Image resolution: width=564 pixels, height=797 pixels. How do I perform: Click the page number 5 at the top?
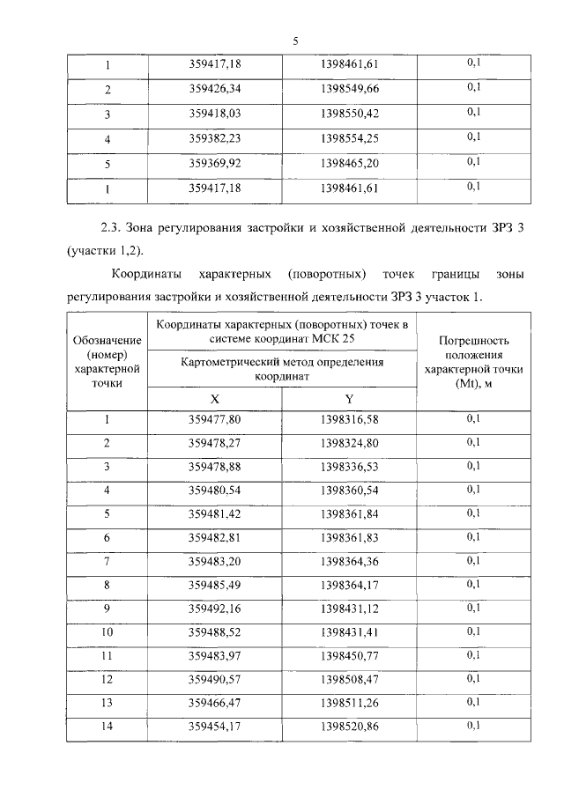296,41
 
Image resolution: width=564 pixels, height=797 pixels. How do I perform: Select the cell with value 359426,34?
215,89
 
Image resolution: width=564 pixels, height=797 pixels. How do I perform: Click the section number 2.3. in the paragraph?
109,227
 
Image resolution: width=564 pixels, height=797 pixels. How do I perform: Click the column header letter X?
215,399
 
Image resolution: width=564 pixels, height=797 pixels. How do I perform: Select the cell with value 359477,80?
215,419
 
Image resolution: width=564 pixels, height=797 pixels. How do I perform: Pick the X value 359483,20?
215,561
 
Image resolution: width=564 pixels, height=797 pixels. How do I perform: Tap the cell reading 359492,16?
215,609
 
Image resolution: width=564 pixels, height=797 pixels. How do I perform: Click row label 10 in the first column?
107,632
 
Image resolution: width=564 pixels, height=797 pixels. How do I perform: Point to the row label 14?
107,727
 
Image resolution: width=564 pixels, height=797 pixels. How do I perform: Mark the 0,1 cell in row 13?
472,702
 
